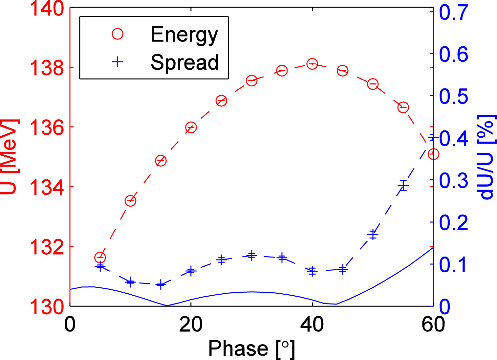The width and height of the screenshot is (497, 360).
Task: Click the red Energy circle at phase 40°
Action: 312,64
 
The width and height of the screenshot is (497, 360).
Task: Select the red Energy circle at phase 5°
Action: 100,257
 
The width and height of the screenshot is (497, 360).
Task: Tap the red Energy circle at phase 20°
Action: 191,127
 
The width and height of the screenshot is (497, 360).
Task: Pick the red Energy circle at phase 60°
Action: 433,154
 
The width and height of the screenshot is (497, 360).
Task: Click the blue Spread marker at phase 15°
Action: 161,284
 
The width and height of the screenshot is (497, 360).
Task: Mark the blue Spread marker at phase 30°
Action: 252,255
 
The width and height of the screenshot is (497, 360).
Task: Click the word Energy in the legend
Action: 184,34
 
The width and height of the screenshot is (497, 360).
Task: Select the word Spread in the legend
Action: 184,62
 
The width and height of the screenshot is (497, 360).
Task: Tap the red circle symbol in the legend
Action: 118,34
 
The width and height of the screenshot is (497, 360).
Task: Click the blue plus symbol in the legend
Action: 118,62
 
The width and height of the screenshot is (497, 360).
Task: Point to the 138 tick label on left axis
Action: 47,68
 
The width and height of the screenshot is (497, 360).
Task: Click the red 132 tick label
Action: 47,247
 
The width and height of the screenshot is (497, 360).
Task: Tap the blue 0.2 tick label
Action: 454,222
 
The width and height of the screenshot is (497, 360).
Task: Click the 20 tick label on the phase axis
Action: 191,325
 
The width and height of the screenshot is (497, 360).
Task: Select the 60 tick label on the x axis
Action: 433,325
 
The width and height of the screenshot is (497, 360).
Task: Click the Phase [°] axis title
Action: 252,349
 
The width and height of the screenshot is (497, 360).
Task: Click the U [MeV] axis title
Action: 9,157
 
